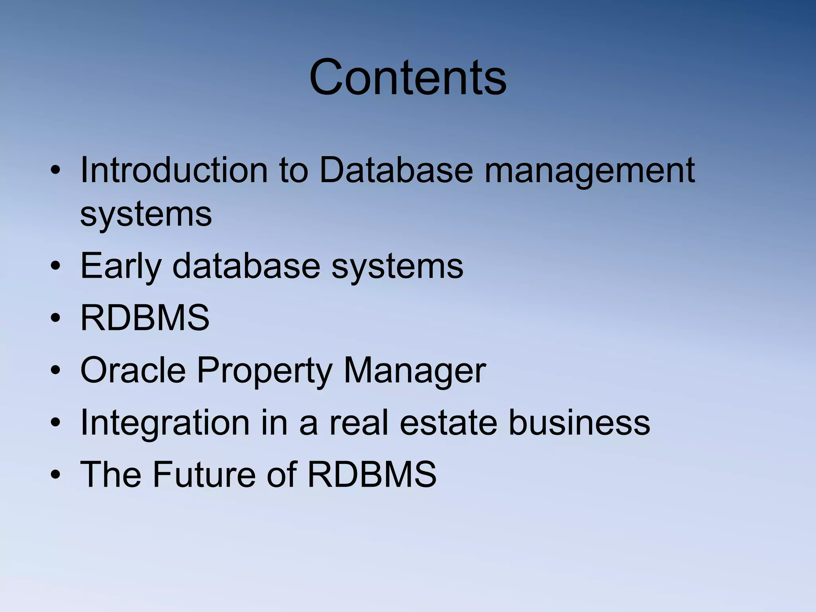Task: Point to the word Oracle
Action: (x=133, y=370)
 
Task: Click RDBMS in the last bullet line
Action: (x=372, y=474)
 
